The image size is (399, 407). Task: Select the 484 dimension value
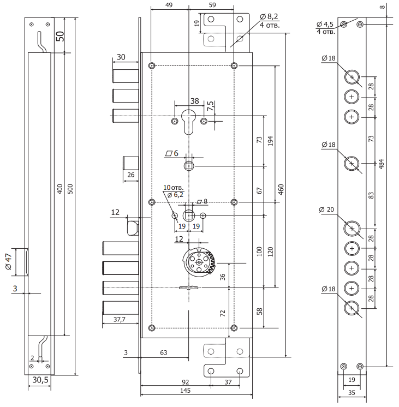click(x=382, y=163)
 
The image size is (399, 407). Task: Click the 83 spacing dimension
click(x=372, y=195)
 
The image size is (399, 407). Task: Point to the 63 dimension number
click(x=163, y=354)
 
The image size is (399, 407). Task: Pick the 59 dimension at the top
click(x=212, y=5)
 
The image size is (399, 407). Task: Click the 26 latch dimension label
click(x=131, y=175)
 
